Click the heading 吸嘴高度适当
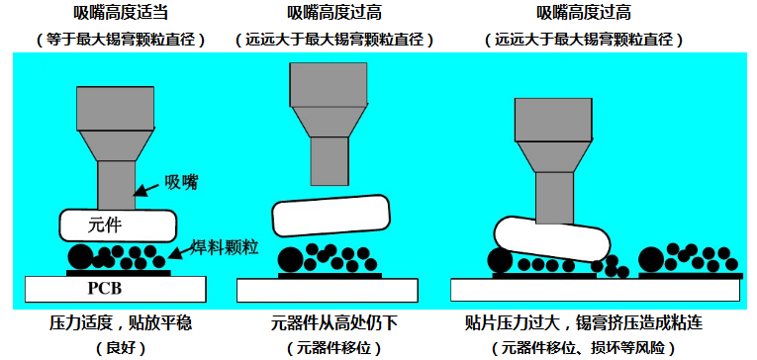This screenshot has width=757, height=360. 120,14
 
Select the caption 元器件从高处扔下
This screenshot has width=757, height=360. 331,323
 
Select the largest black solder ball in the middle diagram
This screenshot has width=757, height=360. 290,260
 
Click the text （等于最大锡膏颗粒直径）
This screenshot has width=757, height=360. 120,41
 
